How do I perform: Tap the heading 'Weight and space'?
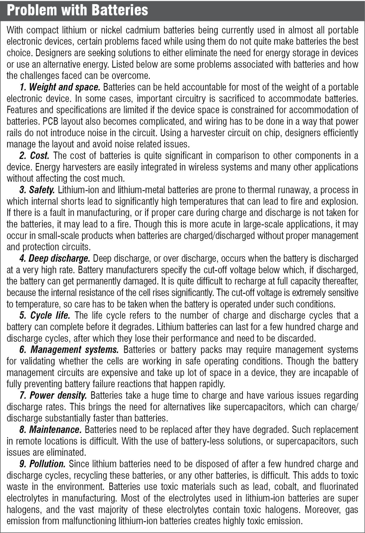coord(64,87)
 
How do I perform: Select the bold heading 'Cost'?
coord(40,156)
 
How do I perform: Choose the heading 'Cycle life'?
coord(50,315)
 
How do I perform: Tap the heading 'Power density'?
coord(58,395)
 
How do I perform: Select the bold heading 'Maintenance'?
coord(55,430)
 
